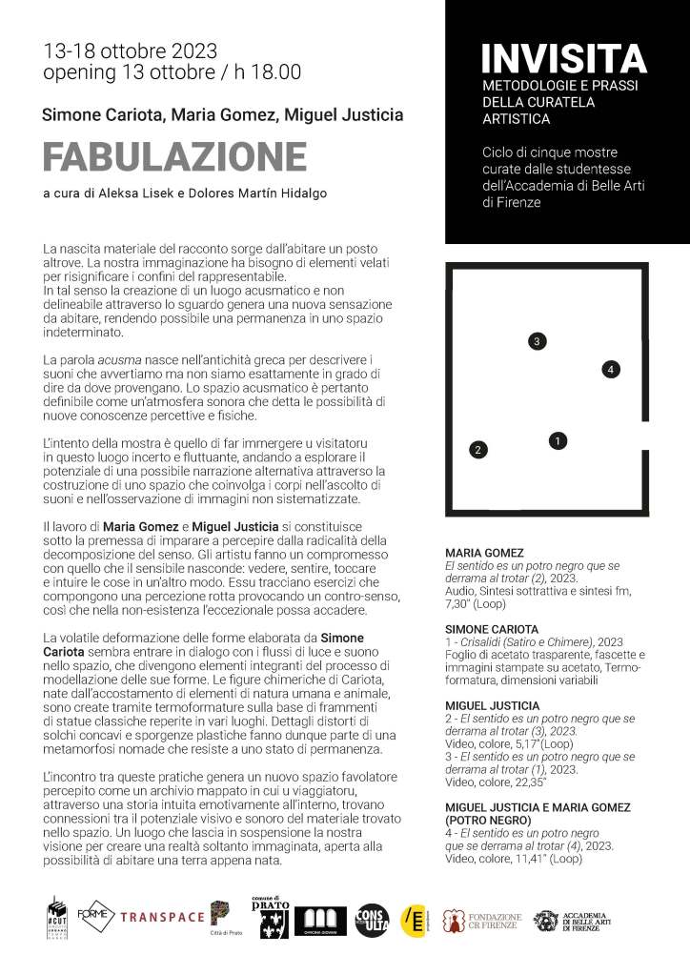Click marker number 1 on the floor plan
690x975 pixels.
tap(558, 440)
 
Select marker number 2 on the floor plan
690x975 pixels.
tap(478, 449)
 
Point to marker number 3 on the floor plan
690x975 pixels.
tap(538, 341)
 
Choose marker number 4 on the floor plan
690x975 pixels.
tap(612, 369)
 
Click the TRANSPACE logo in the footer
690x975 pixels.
tap(162, 917)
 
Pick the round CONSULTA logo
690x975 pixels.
tap(372, 919)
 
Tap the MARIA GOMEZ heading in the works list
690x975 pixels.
tap(484, 553)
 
